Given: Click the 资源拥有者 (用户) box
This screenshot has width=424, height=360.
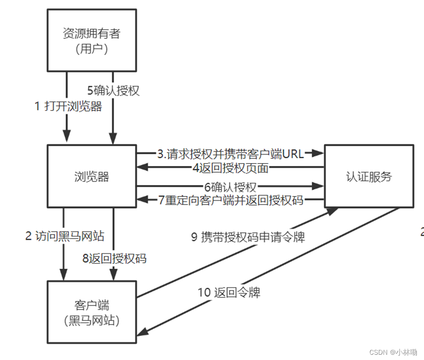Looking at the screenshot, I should [91, 41].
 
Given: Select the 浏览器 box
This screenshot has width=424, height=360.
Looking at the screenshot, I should [91, 177].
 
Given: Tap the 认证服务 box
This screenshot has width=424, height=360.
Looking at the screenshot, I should [368, 176].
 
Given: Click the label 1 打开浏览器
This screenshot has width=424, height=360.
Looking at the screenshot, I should [68, 106].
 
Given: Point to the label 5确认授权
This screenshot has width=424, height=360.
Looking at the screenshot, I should [113, 90].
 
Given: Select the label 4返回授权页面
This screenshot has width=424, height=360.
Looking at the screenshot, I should [231, 168].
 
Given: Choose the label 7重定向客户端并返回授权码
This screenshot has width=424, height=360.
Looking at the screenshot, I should [231, 200].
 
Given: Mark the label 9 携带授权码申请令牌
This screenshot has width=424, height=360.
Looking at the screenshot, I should [248, 237].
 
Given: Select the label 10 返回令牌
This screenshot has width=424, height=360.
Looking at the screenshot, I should [229, 292].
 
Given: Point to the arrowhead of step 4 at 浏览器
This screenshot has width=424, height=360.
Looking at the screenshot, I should [140, 167].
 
